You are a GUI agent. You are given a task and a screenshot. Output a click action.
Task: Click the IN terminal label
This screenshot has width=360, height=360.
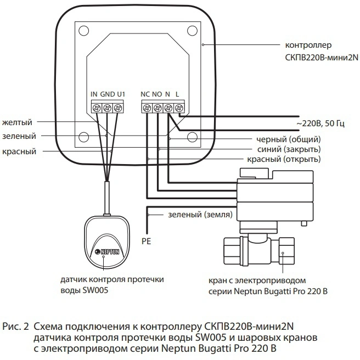pyautogui.click(x=94, y=94)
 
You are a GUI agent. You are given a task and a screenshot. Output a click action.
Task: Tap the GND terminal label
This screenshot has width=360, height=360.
pyautogui.click(x=107, y=94)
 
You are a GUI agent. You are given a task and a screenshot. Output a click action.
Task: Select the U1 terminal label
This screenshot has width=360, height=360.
pyautogui.click(x=121, y=94)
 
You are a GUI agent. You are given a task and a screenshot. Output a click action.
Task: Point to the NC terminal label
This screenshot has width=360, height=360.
pyautogui.click(x=145, y=94)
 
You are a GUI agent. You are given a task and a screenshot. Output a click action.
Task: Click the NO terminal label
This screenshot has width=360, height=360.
pyautogui.click(x=157, y=94)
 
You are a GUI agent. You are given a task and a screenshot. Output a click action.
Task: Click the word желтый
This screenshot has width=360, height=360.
pyautogui.click(x=17, y=121)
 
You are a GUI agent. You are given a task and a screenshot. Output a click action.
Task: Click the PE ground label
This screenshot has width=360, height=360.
pyautogui.click(x=147, y=240)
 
